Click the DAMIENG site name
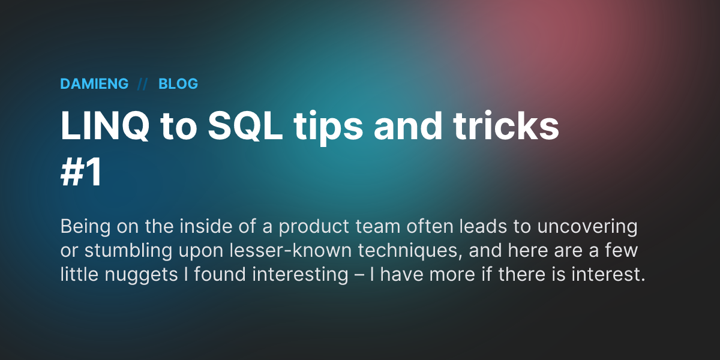click(x=94, y=84)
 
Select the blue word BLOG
click(x=178, y=84)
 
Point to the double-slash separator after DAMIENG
click(x=143, y=84)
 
